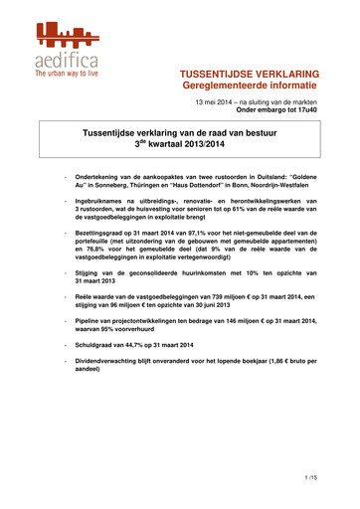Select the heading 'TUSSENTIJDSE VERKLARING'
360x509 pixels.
(249, 75)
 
